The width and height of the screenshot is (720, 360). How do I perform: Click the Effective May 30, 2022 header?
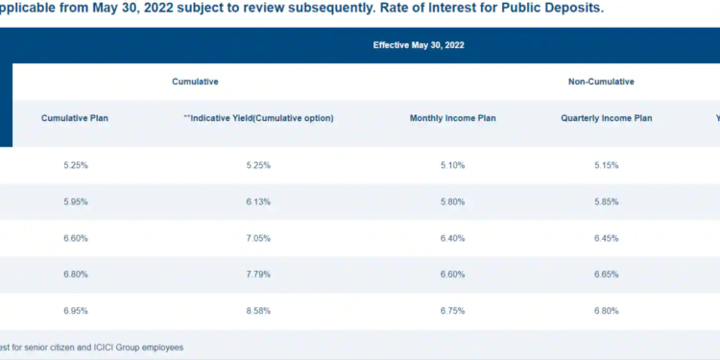(x=420, y=45)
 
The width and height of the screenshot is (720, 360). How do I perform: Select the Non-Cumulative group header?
(x=601, y=83)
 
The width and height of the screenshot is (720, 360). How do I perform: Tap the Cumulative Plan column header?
(x=76, y=119)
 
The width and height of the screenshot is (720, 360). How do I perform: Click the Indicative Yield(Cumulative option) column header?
(x=258, y=119)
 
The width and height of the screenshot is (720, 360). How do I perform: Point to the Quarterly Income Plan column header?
(x=607, y=119)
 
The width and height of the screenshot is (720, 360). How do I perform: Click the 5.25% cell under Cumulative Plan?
(x=76, y=165)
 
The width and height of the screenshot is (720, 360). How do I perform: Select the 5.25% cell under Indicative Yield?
(x=258, y=165)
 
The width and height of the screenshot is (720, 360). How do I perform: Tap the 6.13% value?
(x=258, y=202)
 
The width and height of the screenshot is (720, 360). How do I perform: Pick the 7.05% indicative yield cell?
(x=258, y=238)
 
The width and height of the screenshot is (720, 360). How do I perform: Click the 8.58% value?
(x=258, y=311)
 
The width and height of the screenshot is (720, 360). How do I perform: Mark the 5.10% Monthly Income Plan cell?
(x=452, y=165)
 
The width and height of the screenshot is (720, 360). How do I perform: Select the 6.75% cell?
(x=452, y=311)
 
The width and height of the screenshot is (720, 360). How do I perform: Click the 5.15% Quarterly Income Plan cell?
(x=607, y=165)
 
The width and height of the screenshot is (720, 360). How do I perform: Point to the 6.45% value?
(x=607, y=238)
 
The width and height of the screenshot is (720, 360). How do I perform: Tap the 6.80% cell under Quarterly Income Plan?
(x=607, y=311)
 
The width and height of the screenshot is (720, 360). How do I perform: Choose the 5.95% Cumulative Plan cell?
(x=76, y=202)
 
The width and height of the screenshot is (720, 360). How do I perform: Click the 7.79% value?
(x=258, y=275)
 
